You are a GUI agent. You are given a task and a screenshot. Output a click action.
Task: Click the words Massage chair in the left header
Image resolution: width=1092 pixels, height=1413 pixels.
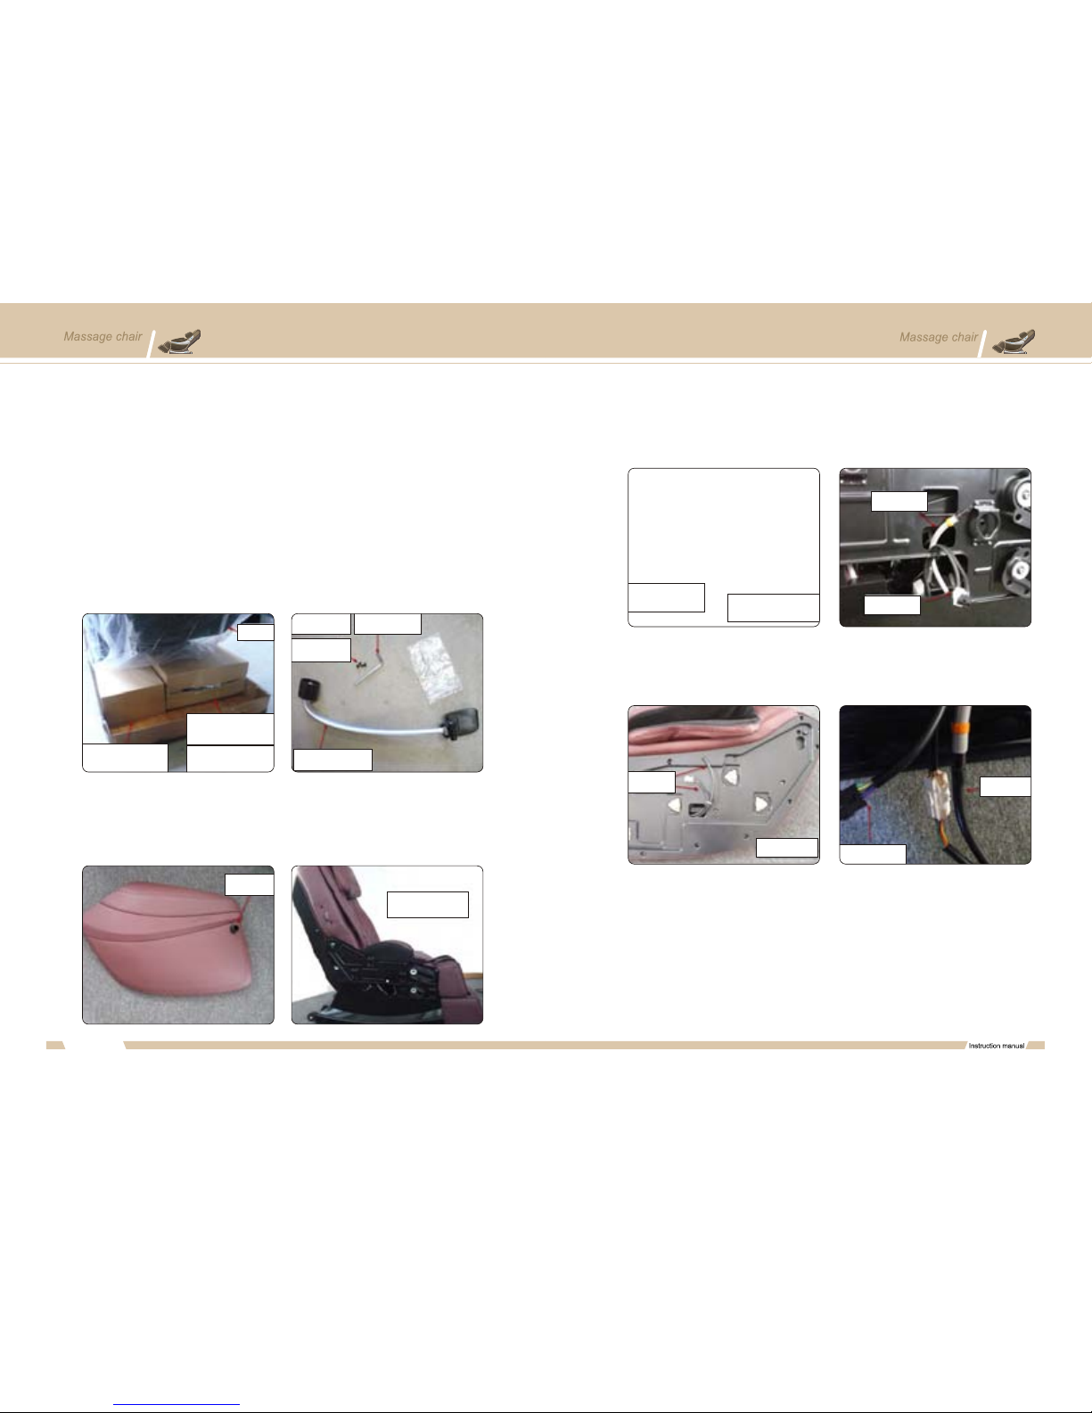point(103,337)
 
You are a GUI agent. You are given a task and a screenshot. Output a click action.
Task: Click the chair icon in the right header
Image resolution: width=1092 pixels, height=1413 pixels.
point(1014,341)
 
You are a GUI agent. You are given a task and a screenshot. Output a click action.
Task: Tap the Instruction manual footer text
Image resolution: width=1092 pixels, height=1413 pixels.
point(996,1046)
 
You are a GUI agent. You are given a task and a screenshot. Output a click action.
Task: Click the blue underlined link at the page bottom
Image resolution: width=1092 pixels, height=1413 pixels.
point(177,1404)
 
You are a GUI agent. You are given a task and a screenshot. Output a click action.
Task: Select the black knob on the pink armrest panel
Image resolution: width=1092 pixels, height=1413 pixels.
point(234,928)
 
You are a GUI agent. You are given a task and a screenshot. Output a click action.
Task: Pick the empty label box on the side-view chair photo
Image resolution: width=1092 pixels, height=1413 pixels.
point(428,905)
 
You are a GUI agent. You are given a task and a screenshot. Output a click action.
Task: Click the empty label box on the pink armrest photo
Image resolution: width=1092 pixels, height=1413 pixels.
point(249,884)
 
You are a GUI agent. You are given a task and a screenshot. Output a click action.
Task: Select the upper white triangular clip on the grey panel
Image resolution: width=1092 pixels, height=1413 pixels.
point(732,776)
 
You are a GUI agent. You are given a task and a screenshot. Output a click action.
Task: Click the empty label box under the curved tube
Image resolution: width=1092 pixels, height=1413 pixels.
point(333,760)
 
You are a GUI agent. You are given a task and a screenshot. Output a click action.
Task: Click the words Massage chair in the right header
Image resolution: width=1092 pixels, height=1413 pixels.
point(939,338)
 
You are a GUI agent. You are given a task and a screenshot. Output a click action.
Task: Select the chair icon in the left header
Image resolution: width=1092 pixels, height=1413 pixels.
point(179,341)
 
